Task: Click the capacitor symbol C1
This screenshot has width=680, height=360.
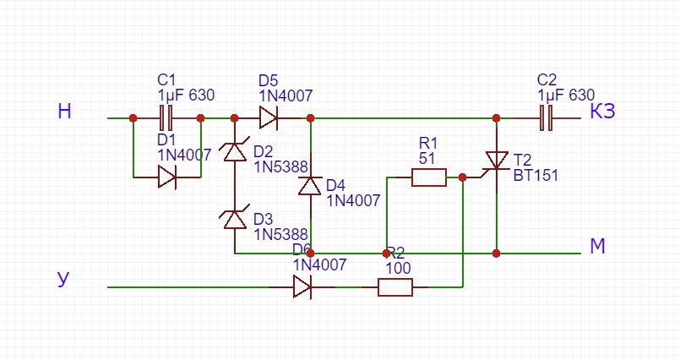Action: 166,117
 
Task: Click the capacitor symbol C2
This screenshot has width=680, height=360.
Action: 547,117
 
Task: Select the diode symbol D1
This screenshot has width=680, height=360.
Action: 167,177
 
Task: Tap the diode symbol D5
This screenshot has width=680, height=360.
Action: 269,117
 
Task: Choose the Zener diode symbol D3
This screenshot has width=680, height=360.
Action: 235,220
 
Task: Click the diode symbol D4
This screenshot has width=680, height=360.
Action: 311,186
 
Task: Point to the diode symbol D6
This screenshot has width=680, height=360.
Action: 302,287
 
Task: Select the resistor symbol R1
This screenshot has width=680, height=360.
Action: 429,177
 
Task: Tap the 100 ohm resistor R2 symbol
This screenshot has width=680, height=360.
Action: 395,287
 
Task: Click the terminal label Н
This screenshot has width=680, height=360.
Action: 64,112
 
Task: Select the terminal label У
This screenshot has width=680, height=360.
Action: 63,279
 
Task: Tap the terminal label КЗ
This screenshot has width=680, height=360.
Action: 602,112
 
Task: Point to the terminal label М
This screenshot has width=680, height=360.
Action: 597,246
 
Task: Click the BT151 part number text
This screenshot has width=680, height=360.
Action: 536,175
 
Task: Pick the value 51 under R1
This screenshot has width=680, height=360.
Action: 427,158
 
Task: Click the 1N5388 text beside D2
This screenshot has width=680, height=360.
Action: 281,166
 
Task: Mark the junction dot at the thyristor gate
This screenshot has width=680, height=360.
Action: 463,177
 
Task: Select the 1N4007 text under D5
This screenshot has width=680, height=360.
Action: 286,95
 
